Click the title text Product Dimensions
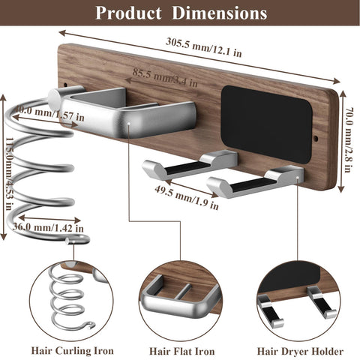pos(181,13)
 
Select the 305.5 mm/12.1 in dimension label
pos(204,47)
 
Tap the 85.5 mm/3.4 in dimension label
pos(165,77)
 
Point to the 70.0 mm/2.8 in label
pos(348,139)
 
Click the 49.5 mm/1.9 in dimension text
pos(187,197)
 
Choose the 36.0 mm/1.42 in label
pos(48,227)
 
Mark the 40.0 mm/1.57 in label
pos(49,114)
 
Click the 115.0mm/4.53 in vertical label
pos(9,173)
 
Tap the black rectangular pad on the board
pos(266,124)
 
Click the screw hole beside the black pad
pos(316,138)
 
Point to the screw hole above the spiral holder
pos(66,85)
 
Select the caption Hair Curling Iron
pos(72,350)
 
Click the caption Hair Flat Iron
pos(182,351)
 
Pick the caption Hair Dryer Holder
pos(300,351)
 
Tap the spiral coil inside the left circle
pos(69,298)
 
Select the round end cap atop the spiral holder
pos(54,96)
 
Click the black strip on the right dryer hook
pos(249,184)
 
